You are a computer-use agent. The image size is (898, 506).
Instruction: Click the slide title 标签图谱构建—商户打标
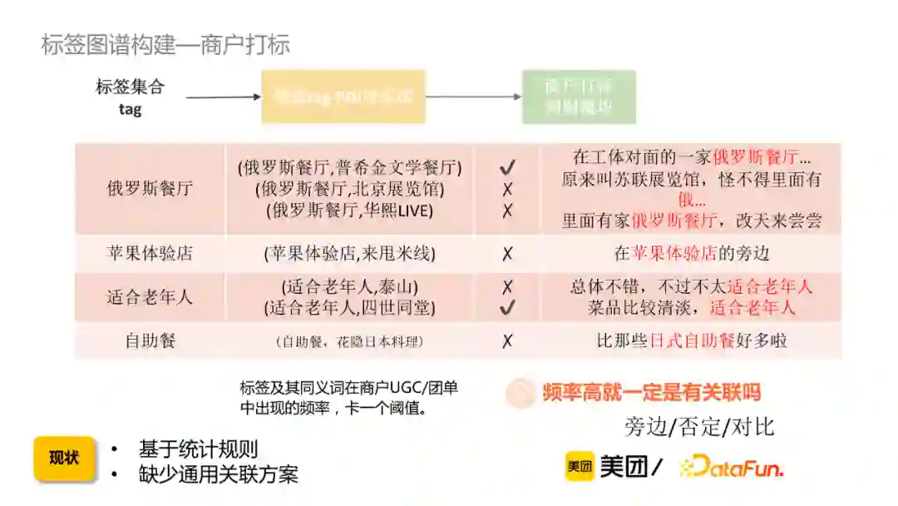coord(165,44)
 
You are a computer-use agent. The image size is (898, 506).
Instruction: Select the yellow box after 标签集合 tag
coord(343,97)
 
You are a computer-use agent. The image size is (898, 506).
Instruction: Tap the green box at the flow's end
coord(579,97)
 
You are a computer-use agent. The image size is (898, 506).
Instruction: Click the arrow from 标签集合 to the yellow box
coord(223,97)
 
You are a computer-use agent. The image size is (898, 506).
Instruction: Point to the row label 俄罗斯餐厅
coord(150,188)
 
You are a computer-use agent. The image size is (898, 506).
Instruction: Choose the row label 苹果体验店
coord(150,253)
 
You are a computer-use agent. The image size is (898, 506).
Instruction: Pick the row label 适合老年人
coord(150,297)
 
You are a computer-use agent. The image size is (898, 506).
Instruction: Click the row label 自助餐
coord(150,340)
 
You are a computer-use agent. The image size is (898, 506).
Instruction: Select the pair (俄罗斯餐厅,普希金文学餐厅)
coord(350,167)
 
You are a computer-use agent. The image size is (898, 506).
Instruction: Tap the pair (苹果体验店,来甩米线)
coord(350,253)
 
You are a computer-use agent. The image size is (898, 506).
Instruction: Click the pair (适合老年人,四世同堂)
coord(350,308)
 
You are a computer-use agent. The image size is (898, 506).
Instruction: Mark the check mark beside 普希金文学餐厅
coord(507,168)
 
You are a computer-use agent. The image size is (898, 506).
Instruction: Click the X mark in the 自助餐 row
coord(507,340)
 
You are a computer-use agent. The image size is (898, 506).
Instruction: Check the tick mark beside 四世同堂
coord(507,308)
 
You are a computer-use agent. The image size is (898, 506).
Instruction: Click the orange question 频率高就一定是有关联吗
coord(651,392)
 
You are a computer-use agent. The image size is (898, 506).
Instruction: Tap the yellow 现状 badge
coord(64,459)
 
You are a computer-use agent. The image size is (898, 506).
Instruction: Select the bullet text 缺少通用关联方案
coord(219,474)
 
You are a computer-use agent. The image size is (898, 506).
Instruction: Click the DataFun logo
coord(731,467)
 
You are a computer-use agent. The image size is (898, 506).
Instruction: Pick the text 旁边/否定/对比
coord(699,427)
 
